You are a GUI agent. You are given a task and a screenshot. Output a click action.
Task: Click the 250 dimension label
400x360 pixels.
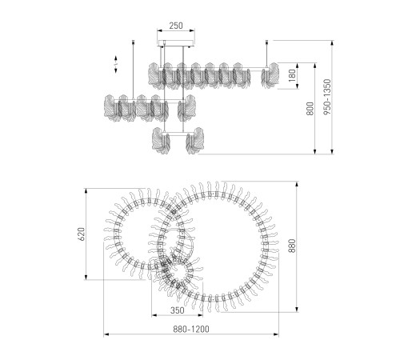click(176, 26)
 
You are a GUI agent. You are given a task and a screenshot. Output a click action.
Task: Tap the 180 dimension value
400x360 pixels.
click(292, 76)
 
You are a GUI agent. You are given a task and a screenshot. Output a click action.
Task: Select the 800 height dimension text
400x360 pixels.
click(310, 108)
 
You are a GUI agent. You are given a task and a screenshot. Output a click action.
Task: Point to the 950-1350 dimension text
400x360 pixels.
click(327, 97)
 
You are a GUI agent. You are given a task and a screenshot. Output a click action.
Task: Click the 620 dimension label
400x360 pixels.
click(82, 234)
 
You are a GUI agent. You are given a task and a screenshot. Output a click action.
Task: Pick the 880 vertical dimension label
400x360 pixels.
click(292, 246)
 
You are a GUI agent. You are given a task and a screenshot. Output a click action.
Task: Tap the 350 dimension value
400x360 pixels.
click(178, 310)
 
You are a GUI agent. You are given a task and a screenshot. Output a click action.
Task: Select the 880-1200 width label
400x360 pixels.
click(191, 329)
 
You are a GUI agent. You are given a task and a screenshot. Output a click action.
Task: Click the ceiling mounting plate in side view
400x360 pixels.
click(176, 43)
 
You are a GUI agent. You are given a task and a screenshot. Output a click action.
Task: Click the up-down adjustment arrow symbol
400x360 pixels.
click(116, 64)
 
